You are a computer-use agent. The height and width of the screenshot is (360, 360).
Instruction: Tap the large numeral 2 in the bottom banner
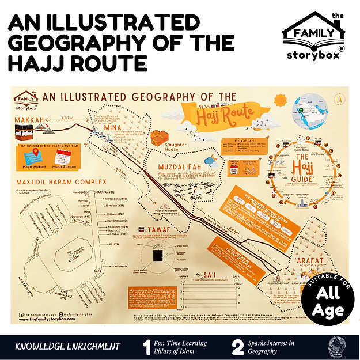click(238, 347)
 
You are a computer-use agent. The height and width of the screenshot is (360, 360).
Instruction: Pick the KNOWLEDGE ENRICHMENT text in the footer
click(68, 347)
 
